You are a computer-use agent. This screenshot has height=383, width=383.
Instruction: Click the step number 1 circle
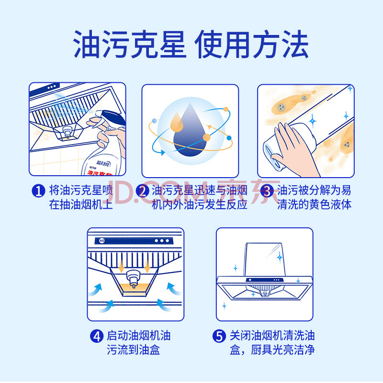click(39, 191)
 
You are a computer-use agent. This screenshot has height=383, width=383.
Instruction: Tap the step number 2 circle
click(142, 191)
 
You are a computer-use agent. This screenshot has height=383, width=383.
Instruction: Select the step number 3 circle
click(267, 191)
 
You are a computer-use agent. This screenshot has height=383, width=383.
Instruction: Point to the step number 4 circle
click(97, 336)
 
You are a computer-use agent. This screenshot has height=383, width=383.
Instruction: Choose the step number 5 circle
click(219, 336)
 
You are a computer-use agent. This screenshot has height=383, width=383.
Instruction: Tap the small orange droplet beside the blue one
click(177, 122)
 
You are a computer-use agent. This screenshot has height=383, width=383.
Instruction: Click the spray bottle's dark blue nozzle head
click(113, 117)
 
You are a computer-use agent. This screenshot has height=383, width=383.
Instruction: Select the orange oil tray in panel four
click(135, 290)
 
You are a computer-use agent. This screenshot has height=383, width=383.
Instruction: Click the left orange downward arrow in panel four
click(121, 266)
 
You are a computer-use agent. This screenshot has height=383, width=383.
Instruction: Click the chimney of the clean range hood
click(265, 260)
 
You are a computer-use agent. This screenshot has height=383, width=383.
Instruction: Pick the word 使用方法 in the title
click(252, 44)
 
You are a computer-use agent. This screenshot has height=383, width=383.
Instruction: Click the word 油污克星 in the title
click(130, 44)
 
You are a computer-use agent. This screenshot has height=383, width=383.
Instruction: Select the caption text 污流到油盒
click(134, 350)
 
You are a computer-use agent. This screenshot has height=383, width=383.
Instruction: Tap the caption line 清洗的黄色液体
click(315, 204)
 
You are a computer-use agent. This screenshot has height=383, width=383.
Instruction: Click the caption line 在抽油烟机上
click(81, 204)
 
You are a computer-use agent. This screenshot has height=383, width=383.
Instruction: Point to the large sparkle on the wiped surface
click(313, 121)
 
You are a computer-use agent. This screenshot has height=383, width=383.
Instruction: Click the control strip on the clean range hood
click(265, 280)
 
